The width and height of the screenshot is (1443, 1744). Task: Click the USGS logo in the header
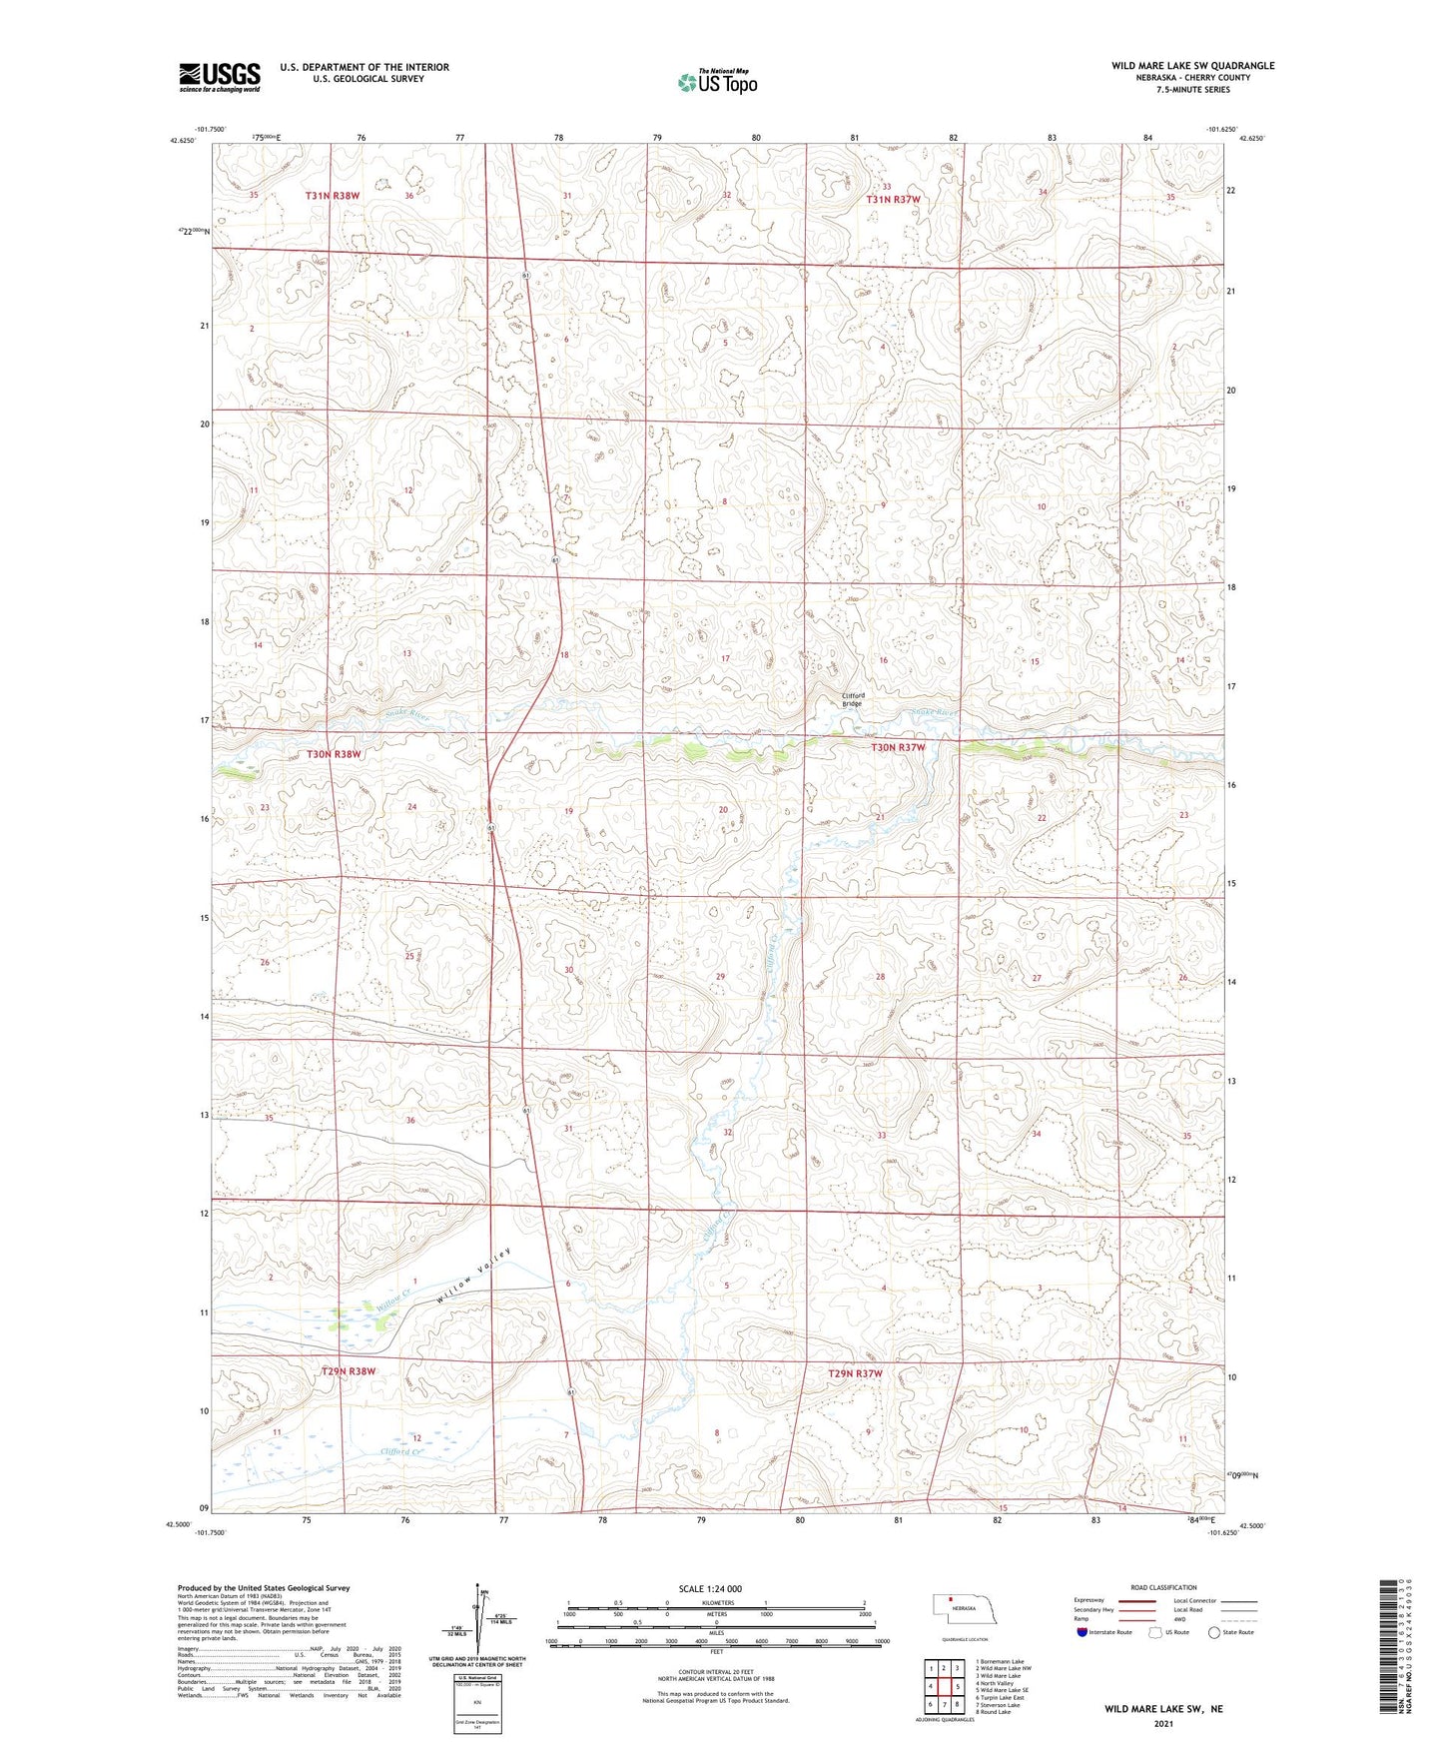click(219, 77)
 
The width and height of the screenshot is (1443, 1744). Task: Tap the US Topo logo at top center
click(717, 82)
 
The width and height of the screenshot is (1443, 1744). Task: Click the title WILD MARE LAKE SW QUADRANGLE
click(1192, 66)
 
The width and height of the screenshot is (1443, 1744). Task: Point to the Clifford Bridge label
click(852, 699)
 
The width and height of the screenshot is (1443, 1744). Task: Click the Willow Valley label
click(473, 1278)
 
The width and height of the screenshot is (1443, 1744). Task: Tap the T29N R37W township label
click(855, 1374)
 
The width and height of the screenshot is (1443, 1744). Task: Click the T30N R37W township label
click(898, 747)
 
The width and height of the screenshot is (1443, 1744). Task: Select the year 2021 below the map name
click(1162, 1723)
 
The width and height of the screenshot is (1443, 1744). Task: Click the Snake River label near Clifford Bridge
click(933, 712)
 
